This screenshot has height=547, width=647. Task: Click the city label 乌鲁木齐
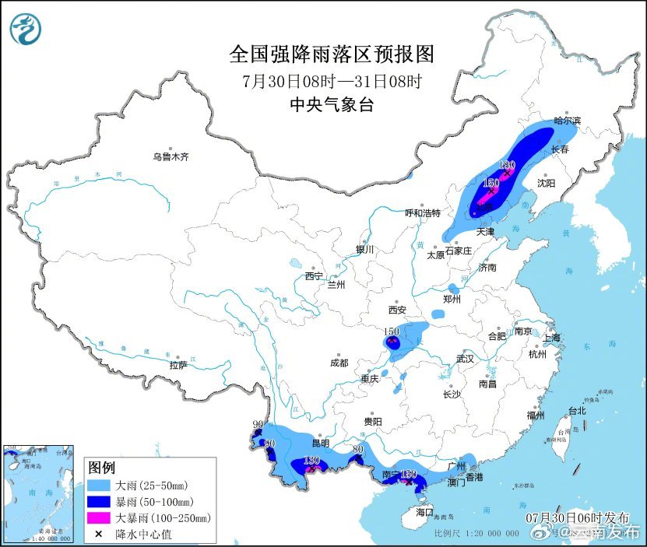(x=171, y=157)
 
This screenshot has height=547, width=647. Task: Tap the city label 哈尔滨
(x=568, y=121)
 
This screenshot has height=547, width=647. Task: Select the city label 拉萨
(x=178, y=365)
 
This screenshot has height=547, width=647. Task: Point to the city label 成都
(x=339, y=363)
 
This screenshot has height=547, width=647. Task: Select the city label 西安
(x=398, y=310)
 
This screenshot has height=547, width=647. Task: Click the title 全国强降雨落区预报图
(x=332, y=54)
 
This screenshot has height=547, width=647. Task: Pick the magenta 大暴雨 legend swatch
(x=100, y=517)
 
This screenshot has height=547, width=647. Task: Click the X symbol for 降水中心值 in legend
(x=100, y=534)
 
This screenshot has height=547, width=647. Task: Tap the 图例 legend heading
(x=101, y=468)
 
